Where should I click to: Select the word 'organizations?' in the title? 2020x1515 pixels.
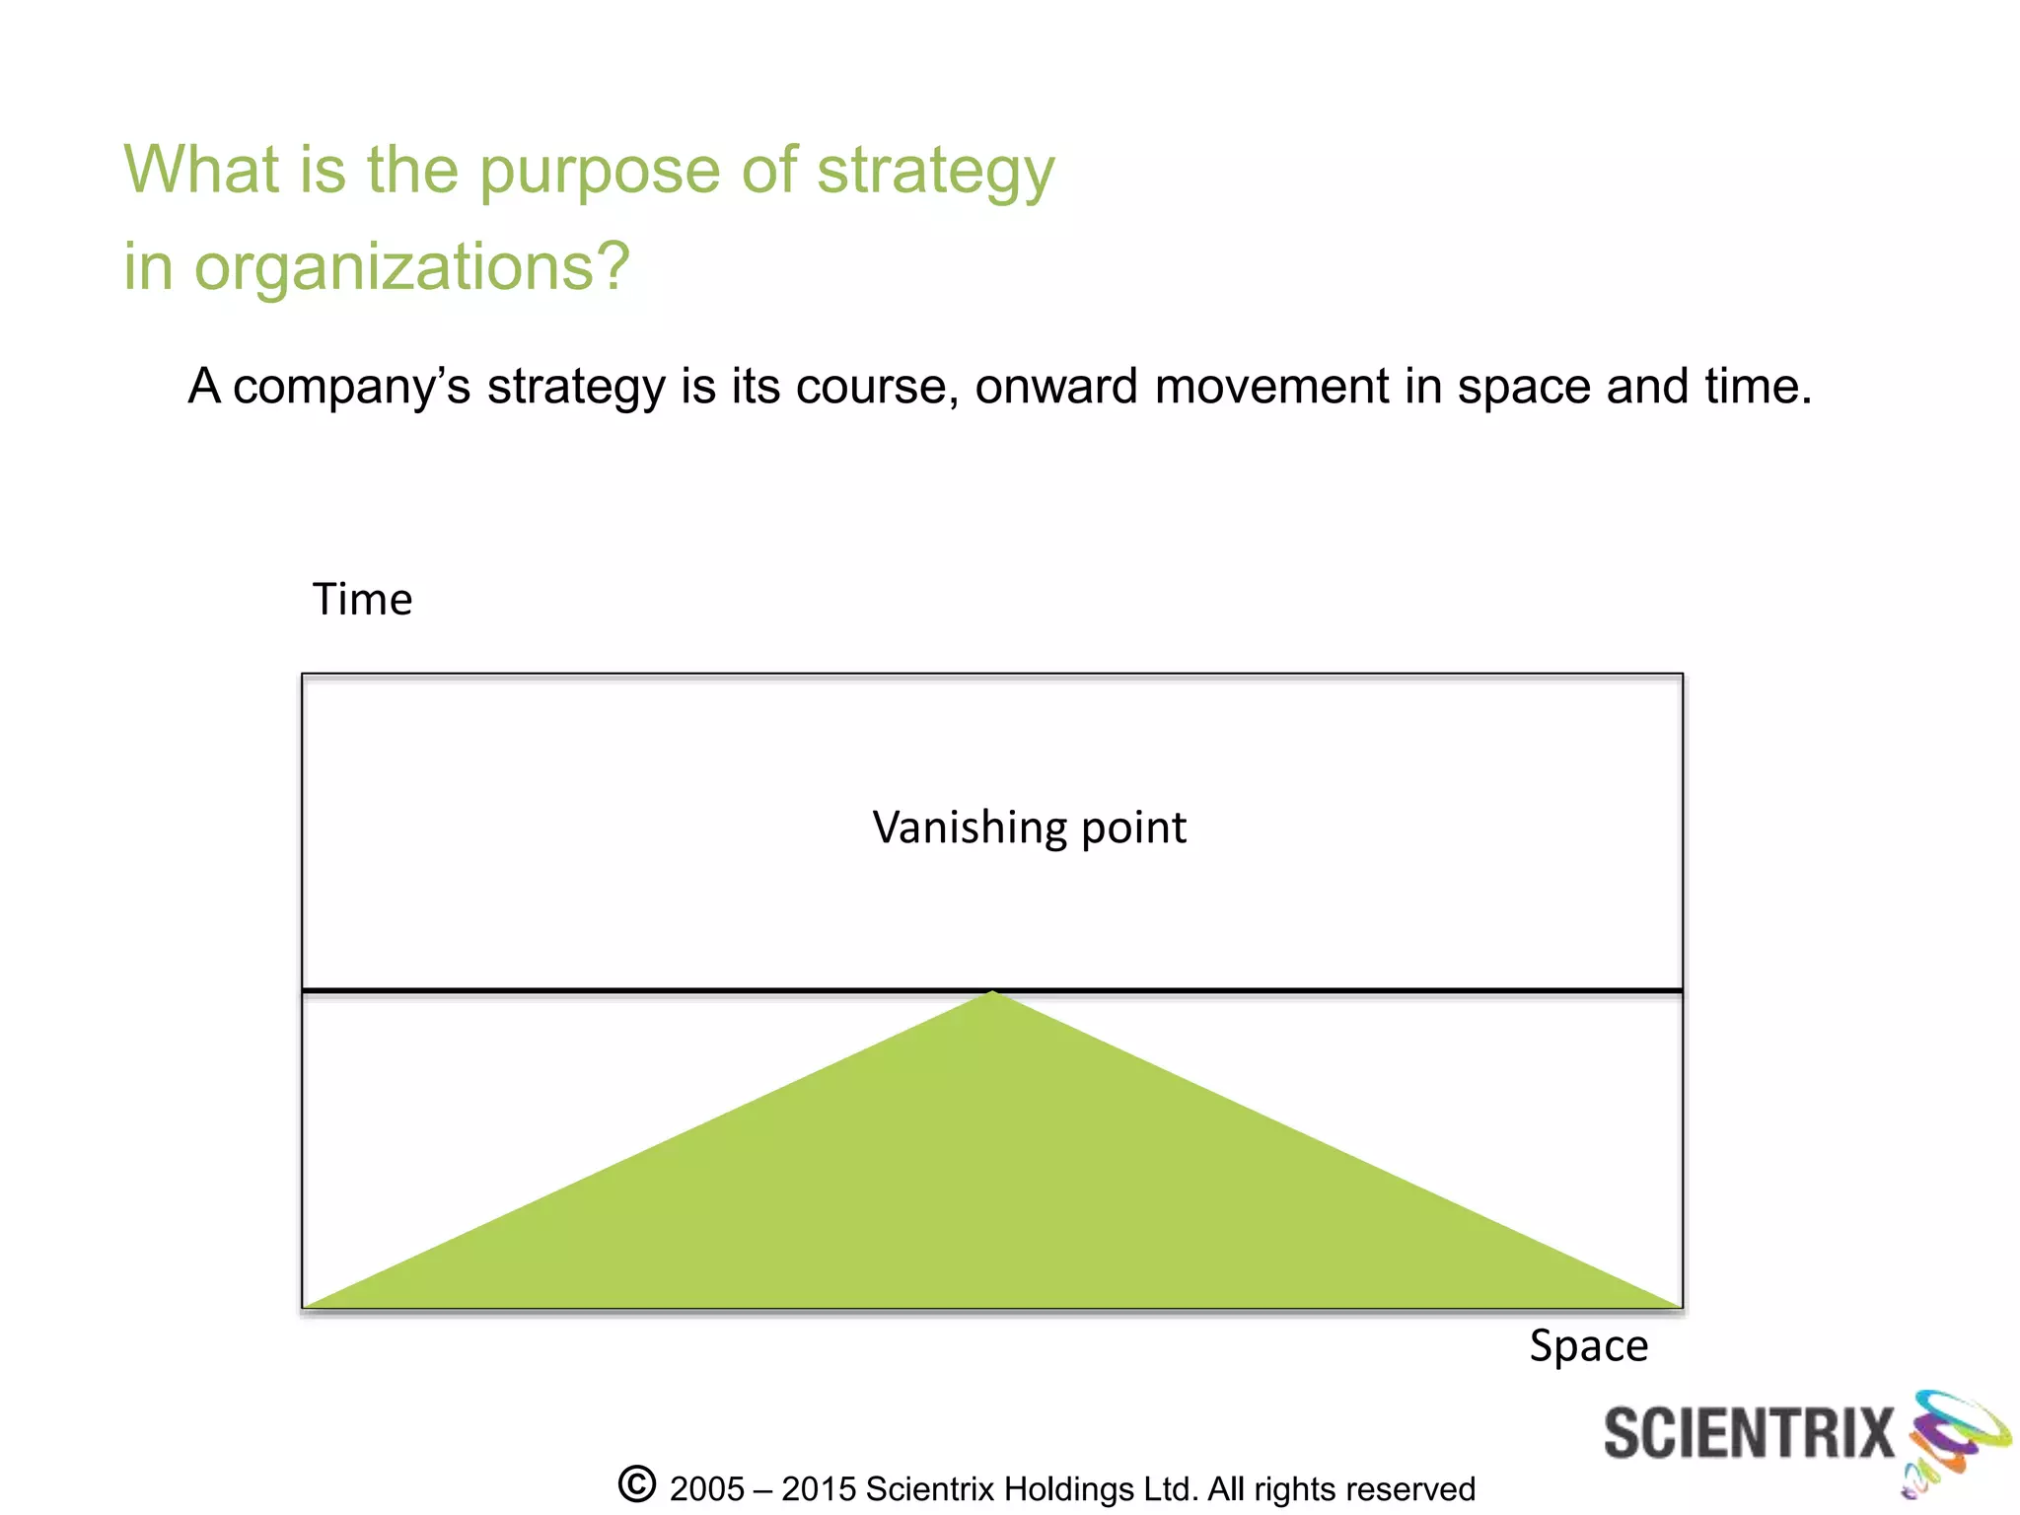coord(412,268)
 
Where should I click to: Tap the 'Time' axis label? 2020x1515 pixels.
coord(362,600)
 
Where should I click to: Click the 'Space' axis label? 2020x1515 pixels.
coord(1588,1346)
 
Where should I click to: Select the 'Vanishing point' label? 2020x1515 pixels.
coord(1029,828)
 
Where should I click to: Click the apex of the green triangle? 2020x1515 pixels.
coord(993,993)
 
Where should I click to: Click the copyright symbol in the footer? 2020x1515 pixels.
coord(637,1484)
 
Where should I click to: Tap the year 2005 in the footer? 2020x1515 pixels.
coord(706,1489)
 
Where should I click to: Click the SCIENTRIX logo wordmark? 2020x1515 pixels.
coord(1748,1433)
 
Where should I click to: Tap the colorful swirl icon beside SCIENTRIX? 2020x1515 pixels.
coord(1955,1440)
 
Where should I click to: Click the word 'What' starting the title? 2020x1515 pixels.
coord(201,170)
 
